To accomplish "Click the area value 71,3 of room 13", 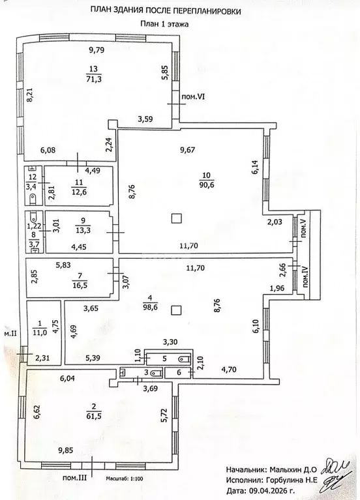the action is [x=94, y=79].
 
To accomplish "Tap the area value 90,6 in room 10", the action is [x=207, y=184].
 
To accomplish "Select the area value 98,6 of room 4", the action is [x=151, y=307].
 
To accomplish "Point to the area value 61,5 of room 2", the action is [x=94, y=416].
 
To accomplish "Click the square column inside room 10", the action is [x=177, y=218].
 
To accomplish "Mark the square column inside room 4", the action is [x=176, y=310].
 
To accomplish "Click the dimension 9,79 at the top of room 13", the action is [x=97, y=50].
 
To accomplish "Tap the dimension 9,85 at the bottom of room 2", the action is [x=65, y=450].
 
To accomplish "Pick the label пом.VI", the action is [x=193, y=97].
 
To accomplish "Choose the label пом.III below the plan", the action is [x=75, y=478].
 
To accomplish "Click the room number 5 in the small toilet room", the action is [x=164, y=359].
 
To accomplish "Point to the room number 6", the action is [x=179, y=372].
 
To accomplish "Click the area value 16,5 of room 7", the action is [x=80, y=284].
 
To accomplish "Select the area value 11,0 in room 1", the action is [x=40, y=332].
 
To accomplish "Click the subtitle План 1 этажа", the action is [x=164, y=24].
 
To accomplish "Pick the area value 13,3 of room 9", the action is [x=83, y=229].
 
